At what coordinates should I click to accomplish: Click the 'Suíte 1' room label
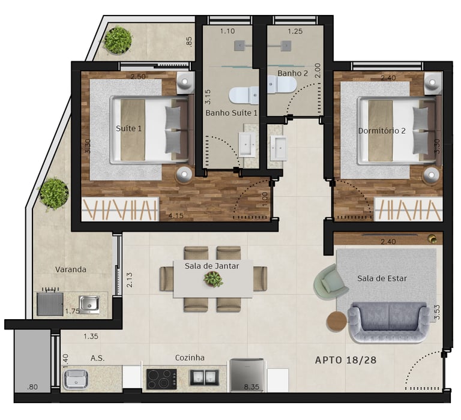coord(128,128)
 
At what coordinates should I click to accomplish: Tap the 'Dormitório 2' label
coord(382,130)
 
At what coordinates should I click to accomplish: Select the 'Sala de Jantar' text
coord(212,266)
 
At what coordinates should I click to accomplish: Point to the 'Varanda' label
coord(71,269)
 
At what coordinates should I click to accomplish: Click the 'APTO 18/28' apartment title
coord(346,360)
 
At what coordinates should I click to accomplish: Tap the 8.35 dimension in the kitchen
coord(252,387)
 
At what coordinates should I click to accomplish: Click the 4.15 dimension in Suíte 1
coord(176,215)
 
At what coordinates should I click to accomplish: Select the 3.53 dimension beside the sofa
coord(437,312)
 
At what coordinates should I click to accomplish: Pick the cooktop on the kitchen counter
coord(161,379)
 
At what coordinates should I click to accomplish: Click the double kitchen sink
coord(204,377)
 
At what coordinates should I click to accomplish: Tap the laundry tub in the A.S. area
coord(76,379)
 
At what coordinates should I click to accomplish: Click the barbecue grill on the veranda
coord(50,303)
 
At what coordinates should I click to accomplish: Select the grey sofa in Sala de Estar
coord(389,322)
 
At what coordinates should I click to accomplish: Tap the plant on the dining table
coord(214,278)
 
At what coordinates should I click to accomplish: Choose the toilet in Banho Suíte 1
coord(244,95)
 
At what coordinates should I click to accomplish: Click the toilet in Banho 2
coord(282,85)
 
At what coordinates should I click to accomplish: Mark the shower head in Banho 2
coord(286,46)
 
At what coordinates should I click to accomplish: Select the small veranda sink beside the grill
coord(89,304)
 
